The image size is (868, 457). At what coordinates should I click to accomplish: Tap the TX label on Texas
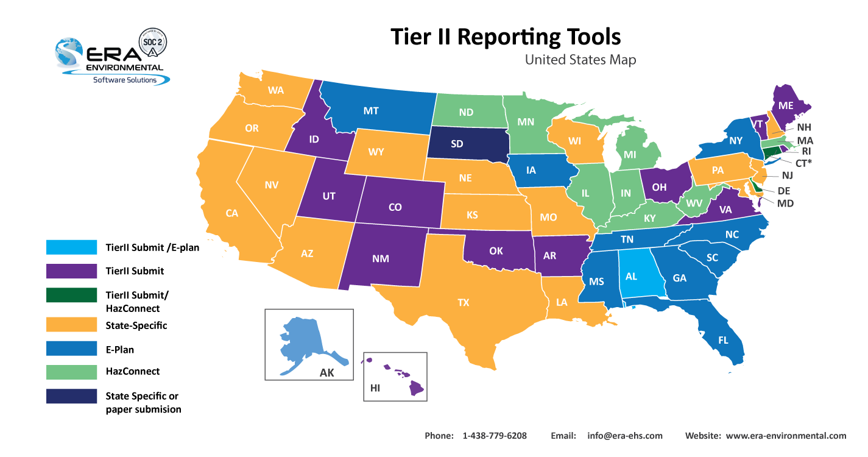(x=464, y=302)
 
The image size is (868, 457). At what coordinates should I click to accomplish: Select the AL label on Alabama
(x=632, y=276)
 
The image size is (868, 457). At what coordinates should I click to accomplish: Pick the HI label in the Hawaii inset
(x=375, y=388)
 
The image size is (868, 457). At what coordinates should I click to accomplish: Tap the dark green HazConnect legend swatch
(x=71, y=295)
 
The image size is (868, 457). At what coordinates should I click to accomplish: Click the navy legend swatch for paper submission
(x=71, y=396)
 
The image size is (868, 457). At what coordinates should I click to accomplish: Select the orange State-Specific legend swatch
(x=71, y=325)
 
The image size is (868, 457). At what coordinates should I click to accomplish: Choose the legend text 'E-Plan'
(x=120, y=350)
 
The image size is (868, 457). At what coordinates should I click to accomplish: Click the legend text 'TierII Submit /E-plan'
(x=152, y=247)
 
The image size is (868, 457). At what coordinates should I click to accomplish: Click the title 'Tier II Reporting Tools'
(x=505, y=37)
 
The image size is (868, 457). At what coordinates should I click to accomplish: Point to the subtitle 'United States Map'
(x=580, y=60)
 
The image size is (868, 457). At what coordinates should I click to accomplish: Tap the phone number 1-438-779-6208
(x=495, y=436)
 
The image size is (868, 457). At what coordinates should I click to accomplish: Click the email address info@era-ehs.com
(x=624, y=436)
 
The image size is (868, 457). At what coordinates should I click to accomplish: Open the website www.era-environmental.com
(x=786, y=436)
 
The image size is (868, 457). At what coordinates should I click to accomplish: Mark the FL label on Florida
(x=723, y=341)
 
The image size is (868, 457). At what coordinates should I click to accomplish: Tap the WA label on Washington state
(x=276, y=90)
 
